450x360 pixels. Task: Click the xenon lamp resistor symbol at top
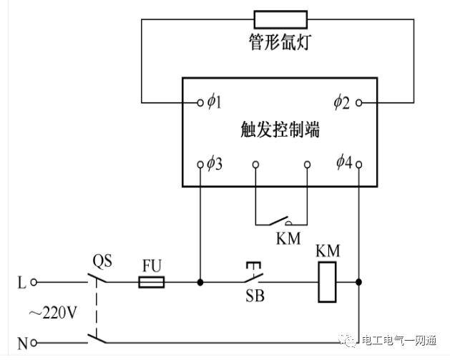280,18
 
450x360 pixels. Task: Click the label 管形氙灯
280,44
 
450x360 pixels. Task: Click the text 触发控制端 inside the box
280,131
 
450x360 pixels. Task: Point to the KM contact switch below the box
280,220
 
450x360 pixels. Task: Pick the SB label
254,296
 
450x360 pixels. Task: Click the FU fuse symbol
151,282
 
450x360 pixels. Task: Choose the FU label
151,265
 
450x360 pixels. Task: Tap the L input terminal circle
32,282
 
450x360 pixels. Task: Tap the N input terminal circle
32,343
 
